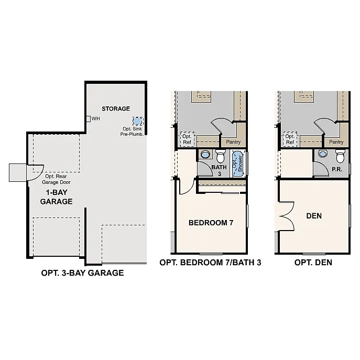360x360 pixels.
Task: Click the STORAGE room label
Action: pyautogui.click(x=115, y=108)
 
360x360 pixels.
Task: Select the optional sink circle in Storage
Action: pyautogui.click(x=137, y=121)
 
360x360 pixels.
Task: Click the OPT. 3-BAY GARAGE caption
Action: pyautogui.click(x=82, y=273)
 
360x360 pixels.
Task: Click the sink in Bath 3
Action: pyautogui.click(x=205, y=155)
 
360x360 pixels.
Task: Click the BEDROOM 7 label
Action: pyautogui.click(x=211, y=223)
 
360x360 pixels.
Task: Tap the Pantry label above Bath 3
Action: pyautogui.click(x=233, y=141)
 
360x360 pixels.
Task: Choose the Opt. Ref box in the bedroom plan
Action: pyautogui.click(x=187, y=138)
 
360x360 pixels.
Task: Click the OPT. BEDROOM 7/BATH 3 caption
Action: pyautogui.click(x=210, y=263)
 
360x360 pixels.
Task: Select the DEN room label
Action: pyautogui.click(x=314, y=215)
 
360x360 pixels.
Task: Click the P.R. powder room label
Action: pyautogui.click(x=337, y=170)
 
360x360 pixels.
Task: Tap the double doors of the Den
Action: pyautogui.click(x=285, y=216)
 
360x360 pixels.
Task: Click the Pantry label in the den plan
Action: pyautogui.click(x=336, y=141)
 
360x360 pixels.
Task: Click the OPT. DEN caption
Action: pyautogui.click(x=313, y=263)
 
